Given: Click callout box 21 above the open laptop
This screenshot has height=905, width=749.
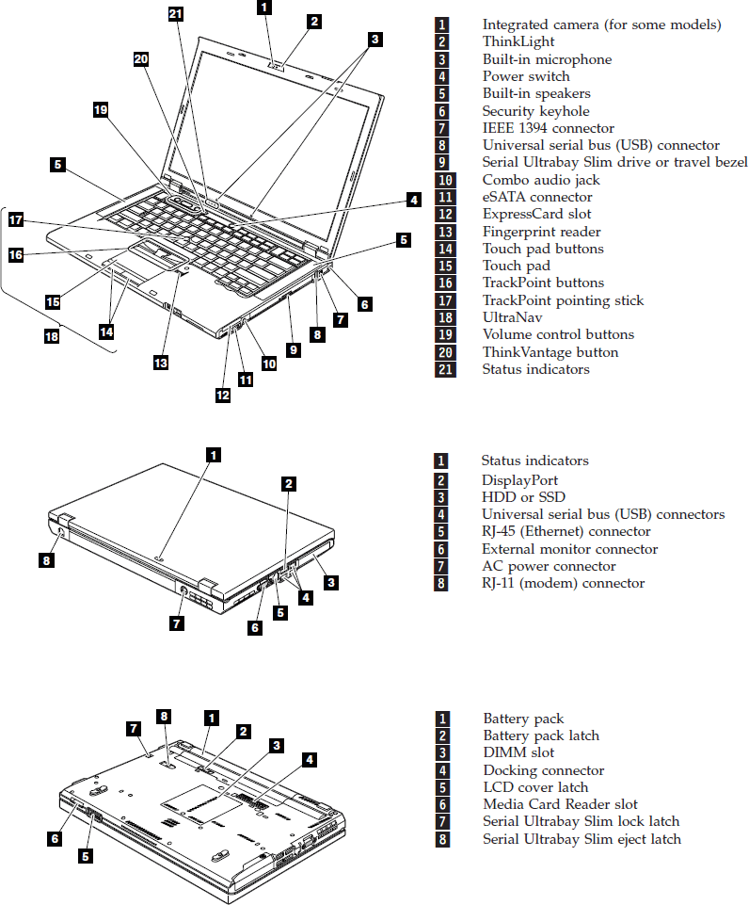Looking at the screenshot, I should [x=176, y=13].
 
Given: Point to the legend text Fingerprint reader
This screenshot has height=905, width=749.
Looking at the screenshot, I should [x=541, y=232].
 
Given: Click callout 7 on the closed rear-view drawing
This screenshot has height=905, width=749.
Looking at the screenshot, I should [x=176, y=622].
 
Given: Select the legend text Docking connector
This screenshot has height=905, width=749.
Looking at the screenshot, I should [x=544, y=770].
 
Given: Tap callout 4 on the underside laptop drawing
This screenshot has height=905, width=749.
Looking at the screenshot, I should [x=310, y=758].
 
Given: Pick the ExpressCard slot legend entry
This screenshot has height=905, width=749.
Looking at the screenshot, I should [x=537, y=214].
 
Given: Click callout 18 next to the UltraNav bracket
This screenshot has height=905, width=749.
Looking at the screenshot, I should [x=52, y=335].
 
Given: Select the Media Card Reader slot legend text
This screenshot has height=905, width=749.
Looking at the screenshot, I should [x=560, y=804].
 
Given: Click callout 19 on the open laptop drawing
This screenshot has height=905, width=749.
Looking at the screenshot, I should [x=101, y=110].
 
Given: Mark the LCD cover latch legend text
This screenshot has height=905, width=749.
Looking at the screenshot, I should [x=535, y=787].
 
